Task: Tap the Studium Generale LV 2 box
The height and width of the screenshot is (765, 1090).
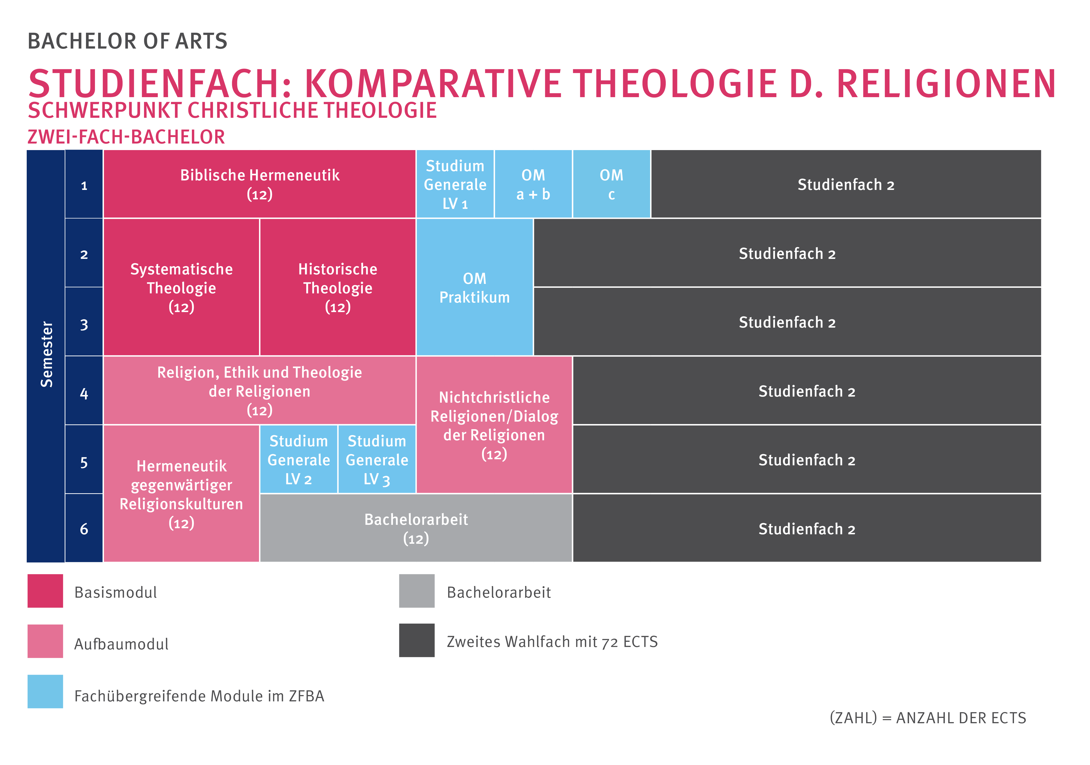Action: tap(299, 459)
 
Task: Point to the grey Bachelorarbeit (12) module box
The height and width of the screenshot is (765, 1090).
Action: tap(416, 528)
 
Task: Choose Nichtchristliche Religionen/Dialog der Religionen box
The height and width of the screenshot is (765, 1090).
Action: tap(494, 425)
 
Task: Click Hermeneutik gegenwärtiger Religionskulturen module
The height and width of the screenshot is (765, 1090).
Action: tap(181, 493)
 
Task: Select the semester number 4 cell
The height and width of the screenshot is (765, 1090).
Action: tap(84, 390)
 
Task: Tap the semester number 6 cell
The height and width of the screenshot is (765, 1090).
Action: tap(84, 528)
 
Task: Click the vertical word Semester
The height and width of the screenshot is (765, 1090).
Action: tap(47, 354)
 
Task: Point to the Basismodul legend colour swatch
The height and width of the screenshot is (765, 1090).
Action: tap(45, 591)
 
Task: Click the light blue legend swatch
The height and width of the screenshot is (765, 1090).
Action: tap(45, 691)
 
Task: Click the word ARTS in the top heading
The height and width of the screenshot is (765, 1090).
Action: tap(201, 41)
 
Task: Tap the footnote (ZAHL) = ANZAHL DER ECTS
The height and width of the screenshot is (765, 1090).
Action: tap(928, 717)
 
